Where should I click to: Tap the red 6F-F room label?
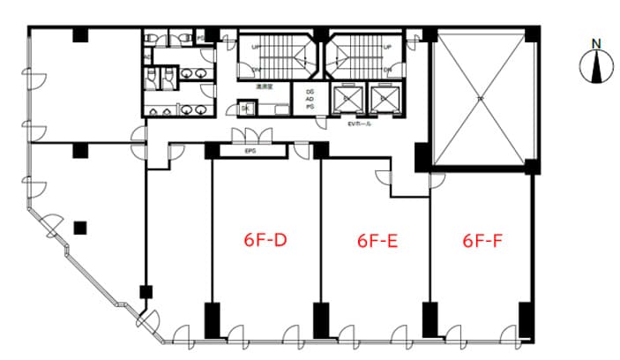(x=482, y=239)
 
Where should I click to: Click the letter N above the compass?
(x=596, y=43)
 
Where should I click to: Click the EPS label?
(x=248, y=152)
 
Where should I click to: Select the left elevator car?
(x=347, y=98)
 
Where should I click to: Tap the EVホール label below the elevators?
(x=360, y=125)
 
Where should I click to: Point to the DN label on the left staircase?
(x=256, y=69)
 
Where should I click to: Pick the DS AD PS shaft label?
(x=310, y=100)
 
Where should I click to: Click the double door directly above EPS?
(x=248, y=134)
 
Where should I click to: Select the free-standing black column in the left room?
(x=81, y=225)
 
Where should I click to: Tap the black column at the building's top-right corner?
(x=531, y=34)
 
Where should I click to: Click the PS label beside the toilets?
(x=199, y=37)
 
